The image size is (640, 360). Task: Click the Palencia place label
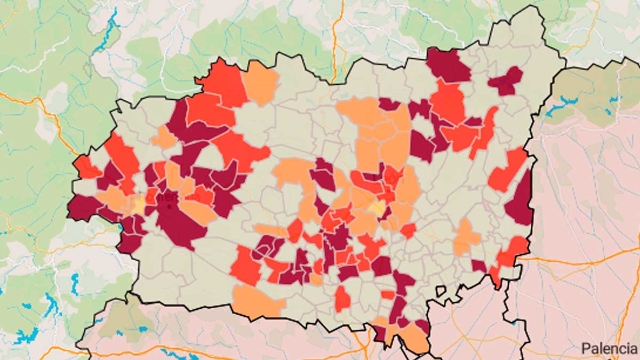point(609,349)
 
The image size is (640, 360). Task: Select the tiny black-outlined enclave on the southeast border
point(441,291)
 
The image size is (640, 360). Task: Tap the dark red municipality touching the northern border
point(448,66)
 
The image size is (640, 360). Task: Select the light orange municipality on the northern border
point(260,82)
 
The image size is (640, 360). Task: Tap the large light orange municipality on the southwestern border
point(257,302)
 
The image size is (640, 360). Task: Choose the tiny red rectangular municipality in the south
point(388,294)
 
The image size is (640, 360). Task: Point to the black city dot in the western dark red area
point(169,206)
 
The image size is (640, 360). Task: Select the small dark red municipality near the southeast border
point(478,265)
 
